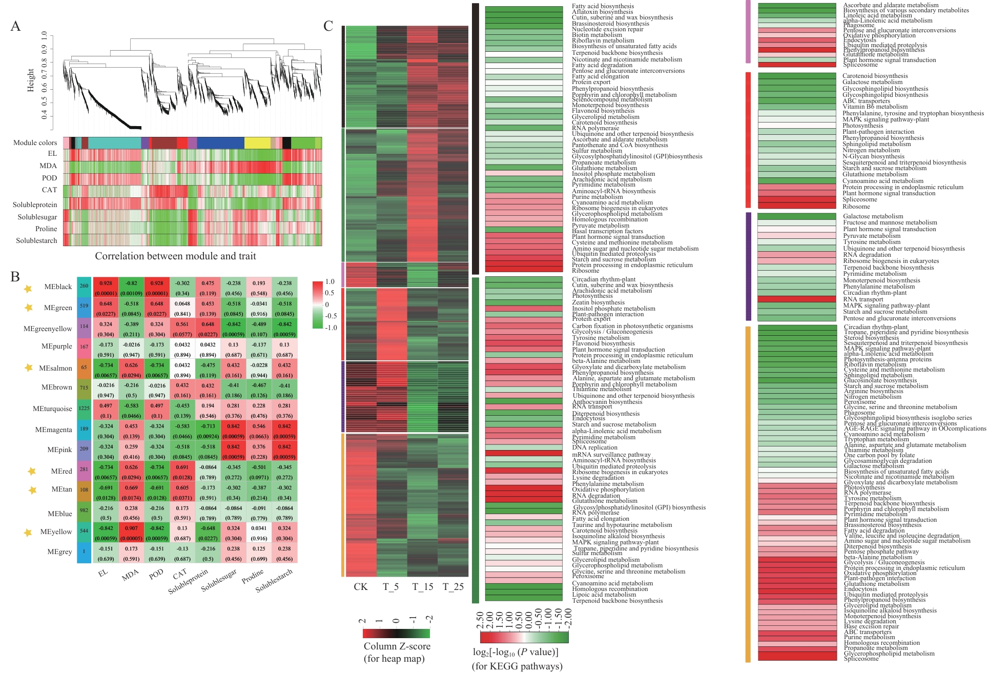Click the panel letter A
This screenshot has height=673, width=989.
[x=16, y=26]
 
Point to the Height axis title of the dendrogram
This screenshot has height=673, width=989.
[x=31, y=80]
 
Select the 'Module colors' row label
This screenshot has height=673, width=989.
[x=35, y=142]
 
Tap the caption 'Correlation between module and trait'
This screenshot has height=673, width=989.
[x=175, y=256]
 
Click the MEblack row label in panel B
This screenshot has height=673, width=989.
[x=58, y=287]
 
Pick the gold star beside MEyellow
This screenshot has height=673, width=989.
[x=28, y=533]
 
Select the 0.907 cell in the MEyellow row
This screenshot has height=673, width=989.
[x=131, y=528]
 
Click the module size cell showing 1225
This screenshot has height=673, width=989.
[x=84, y=409]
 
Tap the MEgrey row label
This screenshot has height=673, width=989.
[x=59, y=552]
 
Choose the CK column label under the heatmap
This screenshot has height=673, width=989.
[x=360, y=587]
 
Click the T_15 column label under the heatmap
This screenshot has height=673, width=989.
[x=423, y=587]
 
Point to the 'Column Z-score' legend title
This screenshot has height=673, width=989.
[x=397, y=646]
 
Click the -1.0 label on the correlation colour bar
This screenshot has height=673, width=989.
[x=331, y=328]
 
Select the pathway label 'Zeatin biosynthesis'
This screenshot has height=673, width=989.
[x=598, y=302]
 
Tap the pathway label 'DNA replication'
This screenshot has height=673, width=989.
[x=594, y=447]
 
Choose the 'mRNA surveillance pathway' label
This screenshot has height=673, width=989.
[x=611, y=455]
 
